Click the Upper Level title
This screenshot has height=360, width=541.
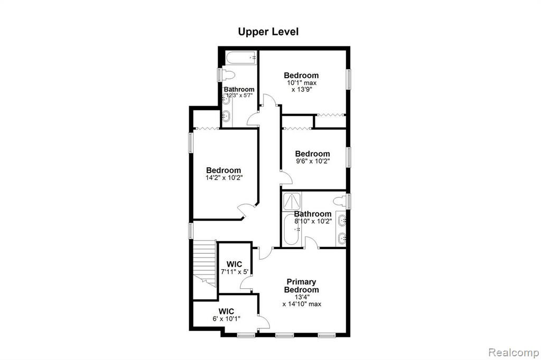[268, 32]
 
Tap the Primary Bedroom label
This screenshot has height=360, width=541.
[301, 286]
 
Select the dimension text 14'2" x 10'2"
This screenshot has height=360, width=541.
[224, 178]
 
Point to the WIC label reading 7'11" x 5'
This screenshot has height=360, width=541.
[234, 268]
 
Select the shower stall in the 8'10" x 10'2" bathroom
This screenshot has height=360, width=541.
[292, 201]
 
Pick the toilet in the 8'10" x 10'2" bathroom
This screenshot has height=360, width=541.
[341, 201]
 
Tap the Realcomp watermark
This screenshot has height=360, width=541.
[514, 353]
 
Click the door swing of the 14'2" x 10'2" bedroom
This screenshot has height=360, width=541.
[246, 209]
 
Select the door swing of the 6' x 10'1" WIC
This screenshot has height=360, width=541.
[264, 322]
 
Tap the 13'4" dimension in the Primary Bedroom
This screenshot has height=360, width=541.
[302, 297]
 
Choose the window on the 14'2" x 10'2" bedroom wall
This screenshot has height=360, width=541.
[190, 143]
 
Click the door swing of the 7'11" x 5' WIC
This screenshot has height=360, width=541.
[246, 283]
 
